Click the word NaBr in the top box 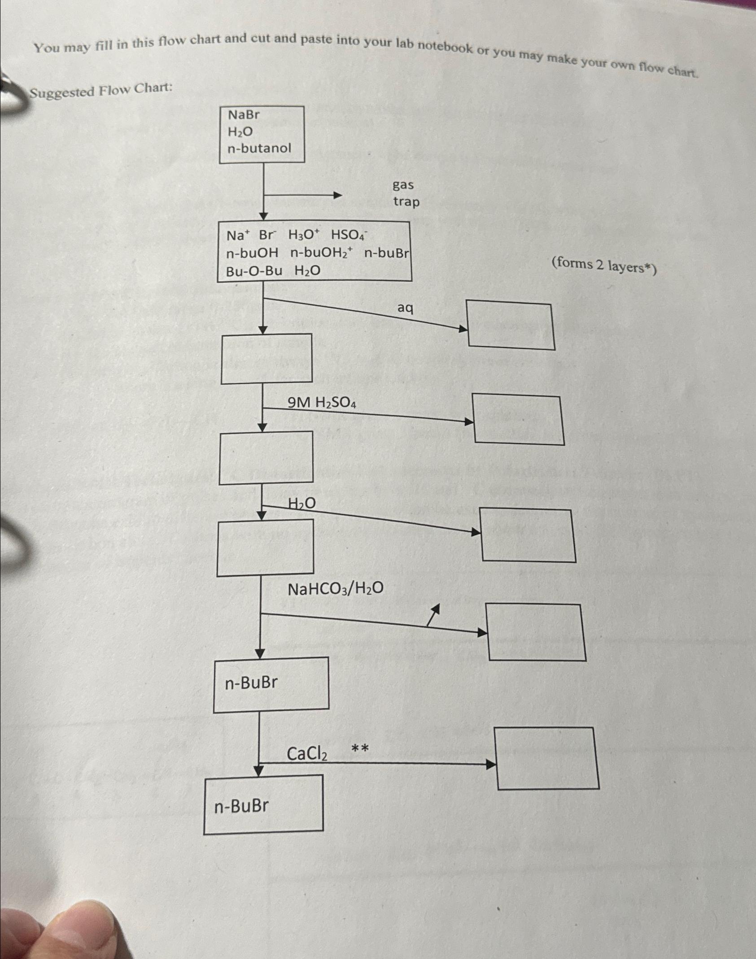click(244, 115)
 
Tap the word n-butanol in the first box click(259, 148)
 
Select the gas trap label click(406, 193)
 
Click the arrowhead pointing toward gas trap click(337, 195)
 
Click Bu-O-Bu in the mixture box click(254, 271)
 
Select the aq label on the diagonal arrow click(405, 308)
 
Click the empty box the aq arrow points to click(511, 326)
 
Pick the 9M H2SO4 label click(322, 403)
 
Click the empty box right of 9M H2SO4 click(518, 420)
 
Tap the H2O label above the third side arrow click(302, 504)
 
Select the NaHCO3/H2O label click(335, 588)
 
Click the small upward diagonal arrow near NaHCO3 click(433, 614)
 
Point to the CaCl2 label click(307, 753)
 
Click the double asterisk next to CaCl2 click(360, 748)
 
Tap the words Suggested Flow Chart click(101, 91)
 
